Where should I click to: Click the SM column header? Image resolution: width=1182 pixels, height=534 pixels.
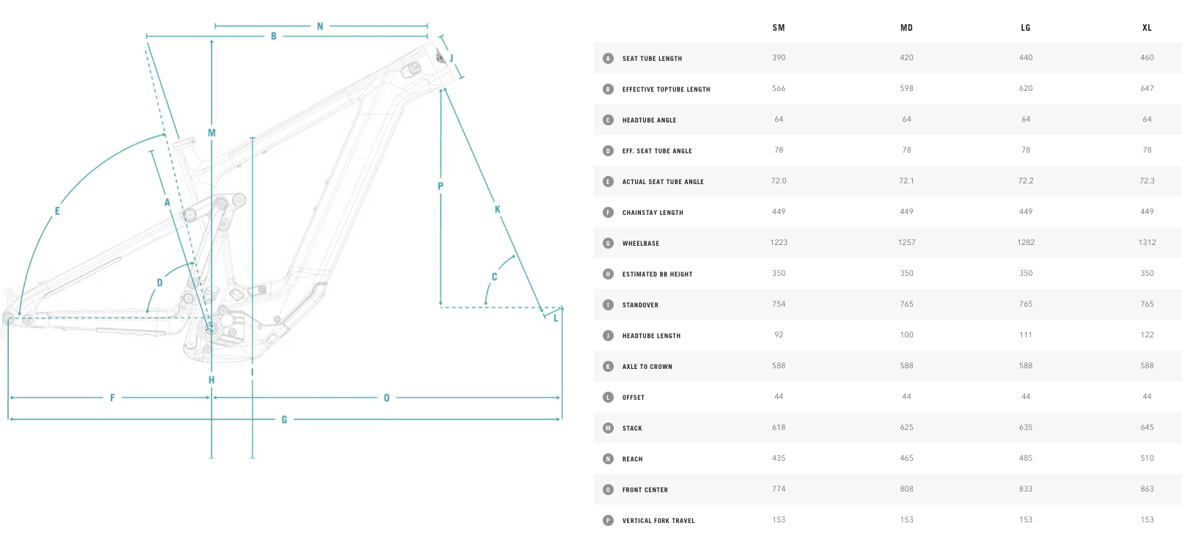click(x=778, y=28)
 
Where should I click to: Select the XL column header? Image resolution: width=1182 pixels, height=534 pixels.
click(x=1147, y=28)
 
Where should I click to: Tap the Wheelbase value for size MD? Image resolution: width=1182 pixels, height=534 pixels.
click(x=906, y=242)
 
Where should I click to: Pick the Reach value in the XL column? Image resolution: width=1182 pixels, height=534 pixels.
click(x=1147, y=458)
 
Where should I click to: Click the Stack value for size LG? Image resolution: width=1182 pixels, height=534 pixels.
click(x=1025, y=428)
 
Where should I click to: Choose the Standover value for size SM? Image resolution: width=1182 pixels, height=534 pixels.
click(x=778, y=304)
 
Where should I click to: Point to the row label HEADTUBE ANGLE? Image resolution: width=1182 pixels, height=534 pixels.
click(x=649, y=120)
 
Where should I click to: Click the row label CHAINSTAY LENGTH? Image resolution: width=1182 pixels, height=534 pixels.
click(x=653, y=213)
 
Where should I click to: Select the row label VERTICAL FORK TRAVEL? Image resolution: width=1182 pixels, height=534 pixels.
click(x=658, y=521)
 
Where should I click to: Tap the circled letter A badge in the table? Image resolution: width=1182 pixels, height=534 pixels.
click(x=608, y=58)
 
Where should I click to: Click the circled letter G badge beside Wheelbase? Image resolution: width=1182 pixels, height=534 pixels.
click(x=608, y=244)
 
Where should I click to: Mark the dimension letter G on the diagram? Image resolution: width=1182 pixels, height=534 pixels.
click(x=284, y=420)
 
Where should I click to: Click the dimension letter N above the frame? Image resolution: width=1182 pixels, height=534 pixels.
click(x=320, y=26)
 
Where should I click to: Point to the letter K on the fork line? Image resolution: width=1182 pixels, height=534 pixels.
click(x=497, y=210)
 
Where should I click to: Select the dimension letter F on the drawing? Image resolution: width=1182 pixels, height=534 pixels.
click(x=112, y=398)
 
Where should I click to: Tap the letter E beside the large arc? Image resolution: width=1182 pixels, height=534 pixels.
click(x=57, y=211)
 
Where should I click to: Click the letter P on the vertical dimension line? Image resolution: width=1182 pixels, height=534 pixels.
click(x=441, y=186)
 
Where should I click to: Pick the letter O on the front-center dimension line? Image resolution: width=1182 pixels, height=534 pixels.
click(x=386, y=398)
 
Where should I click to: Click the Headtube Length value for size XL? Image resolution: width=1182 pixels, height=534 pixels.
click(x=1147, y=334)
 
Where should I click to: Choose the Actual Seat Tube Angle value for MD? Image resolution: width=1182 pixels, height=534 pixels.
click(x=906, y=180)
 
